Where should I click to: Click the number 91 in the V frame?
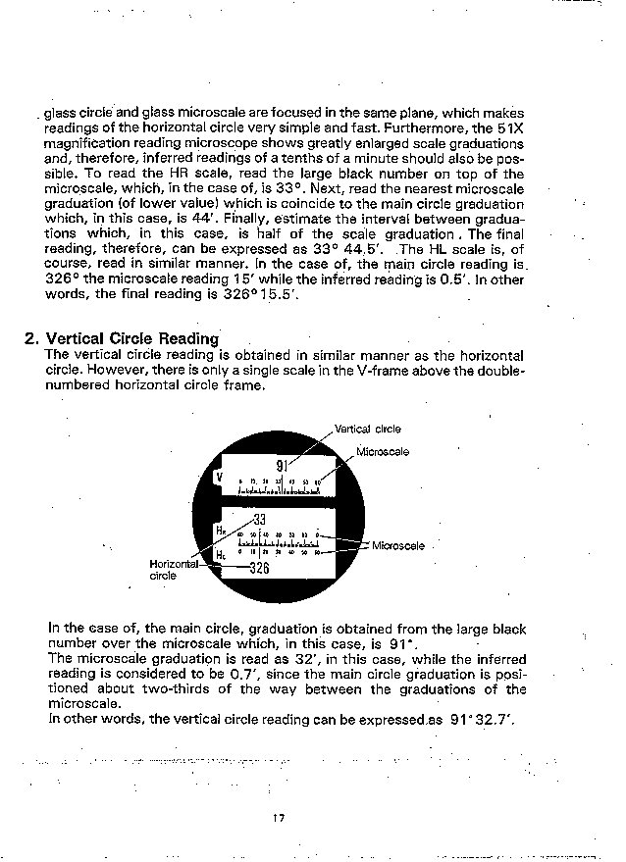[x=282, y=466]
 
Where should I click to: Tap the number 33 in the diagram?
[x=259, y=519]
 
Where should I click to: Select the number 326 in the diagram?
[x=258, y=568]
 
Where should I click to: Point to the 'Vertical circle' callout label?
[x=367, y=429]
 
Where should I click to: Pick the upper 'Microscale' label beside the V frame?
[x=382, y=452]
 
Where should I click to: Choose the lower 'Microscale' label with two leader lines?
[x=398, y=545]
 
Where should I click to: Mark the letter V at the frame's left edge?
[x=219, y=477]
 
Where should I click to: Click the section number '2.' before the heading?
[x=31, y=339]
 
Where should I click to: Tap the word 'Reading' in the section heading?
[x=185, y=339]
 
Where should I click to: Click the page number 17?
[x=279, y=818]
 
